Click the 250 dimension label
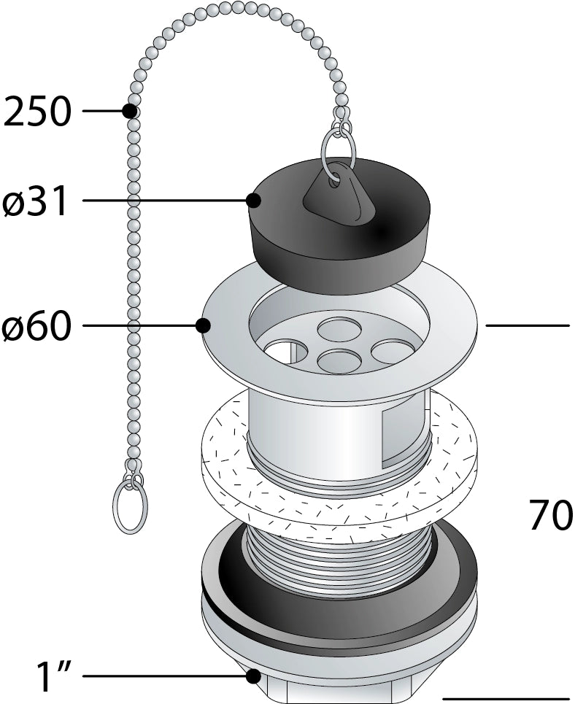point(37,111)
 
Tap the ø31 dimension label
point(36,201)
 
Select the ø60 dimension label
point(37,325)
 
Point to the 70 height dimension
point(551,515)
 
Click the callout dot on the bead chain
point(131,110)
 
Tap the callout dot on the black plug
point(254,200)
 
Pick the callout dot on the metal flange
point(204,325)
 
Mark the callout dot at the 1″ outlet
point(254,676)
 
